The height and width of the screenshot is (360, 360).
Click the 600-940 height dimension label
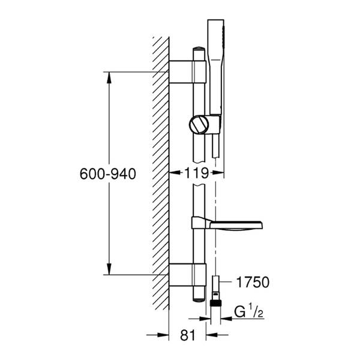(107, 174)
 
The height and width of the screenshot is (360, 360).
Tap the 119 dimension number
(197, 173)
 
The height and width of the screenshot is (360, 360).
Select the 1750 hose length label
(253, 282)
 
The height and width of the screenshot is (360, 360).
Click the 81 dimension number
(188, 335)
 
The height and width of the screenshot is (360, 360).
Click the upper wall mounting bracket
(188, 72)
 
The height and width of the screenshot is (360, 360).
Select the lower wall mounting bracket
(188, 275)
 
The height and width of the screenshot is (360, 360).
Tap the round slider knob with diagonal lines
(199, 124)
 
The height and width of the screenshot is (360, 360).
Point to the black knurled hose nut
(215, 303)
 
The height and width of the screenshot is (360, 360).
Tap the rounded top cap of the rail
(199, 49)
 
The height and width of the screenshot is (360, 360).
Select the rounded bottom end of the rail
(199, 299)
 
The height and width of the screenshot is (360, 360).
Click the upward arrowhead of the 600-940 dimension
(109, 77)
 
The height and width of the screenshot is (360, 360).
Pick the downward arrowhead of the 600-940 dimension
(109, 269)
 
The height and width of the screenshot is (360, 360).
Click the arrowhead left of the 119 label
(175, 172)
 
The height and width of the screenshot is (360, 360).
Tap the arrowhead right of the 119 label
(218, 172)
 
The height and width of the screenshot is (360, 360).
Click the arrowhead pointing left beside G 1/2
(226, 319)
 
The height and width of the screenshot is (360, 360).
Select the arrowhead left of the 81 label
(163, 335)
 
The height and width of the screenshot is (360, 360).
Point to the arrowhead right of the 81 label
(212, 335)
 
